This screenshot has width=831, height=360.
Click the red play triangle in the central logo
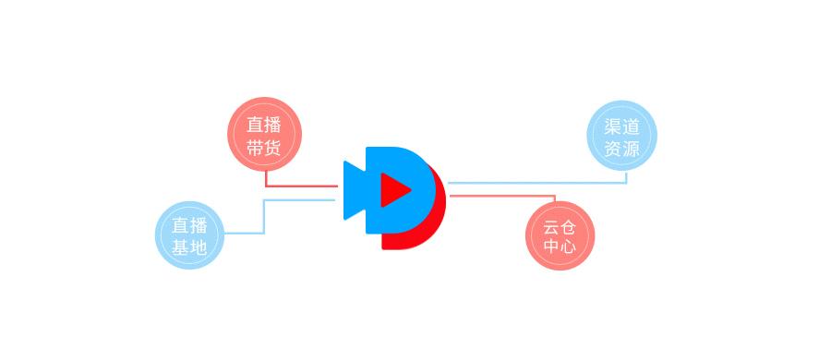(x=394, y=190)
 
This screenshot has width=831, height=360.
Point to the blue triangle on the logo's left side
(x=354, y=190)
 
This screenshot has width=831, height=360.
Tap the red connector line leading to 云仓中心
(x=503, y=196)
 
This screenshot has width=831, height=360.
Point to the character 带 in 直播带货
(x=256, y=148)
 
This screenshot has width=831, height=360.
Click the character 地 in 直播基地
(x=198, y=246)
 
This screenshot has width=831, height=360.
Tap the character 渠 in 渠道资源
(x=613, y=126)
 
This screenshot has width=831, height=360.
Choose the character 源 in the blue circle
(x=631, y=149)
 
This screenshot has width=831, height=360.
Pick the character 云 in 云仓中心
(x=551, y=226)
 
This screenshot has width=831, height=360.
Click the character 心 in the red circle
(x=568, y=246)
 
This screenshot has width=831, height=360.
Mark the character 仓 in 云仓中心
(x=568, y=226)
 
